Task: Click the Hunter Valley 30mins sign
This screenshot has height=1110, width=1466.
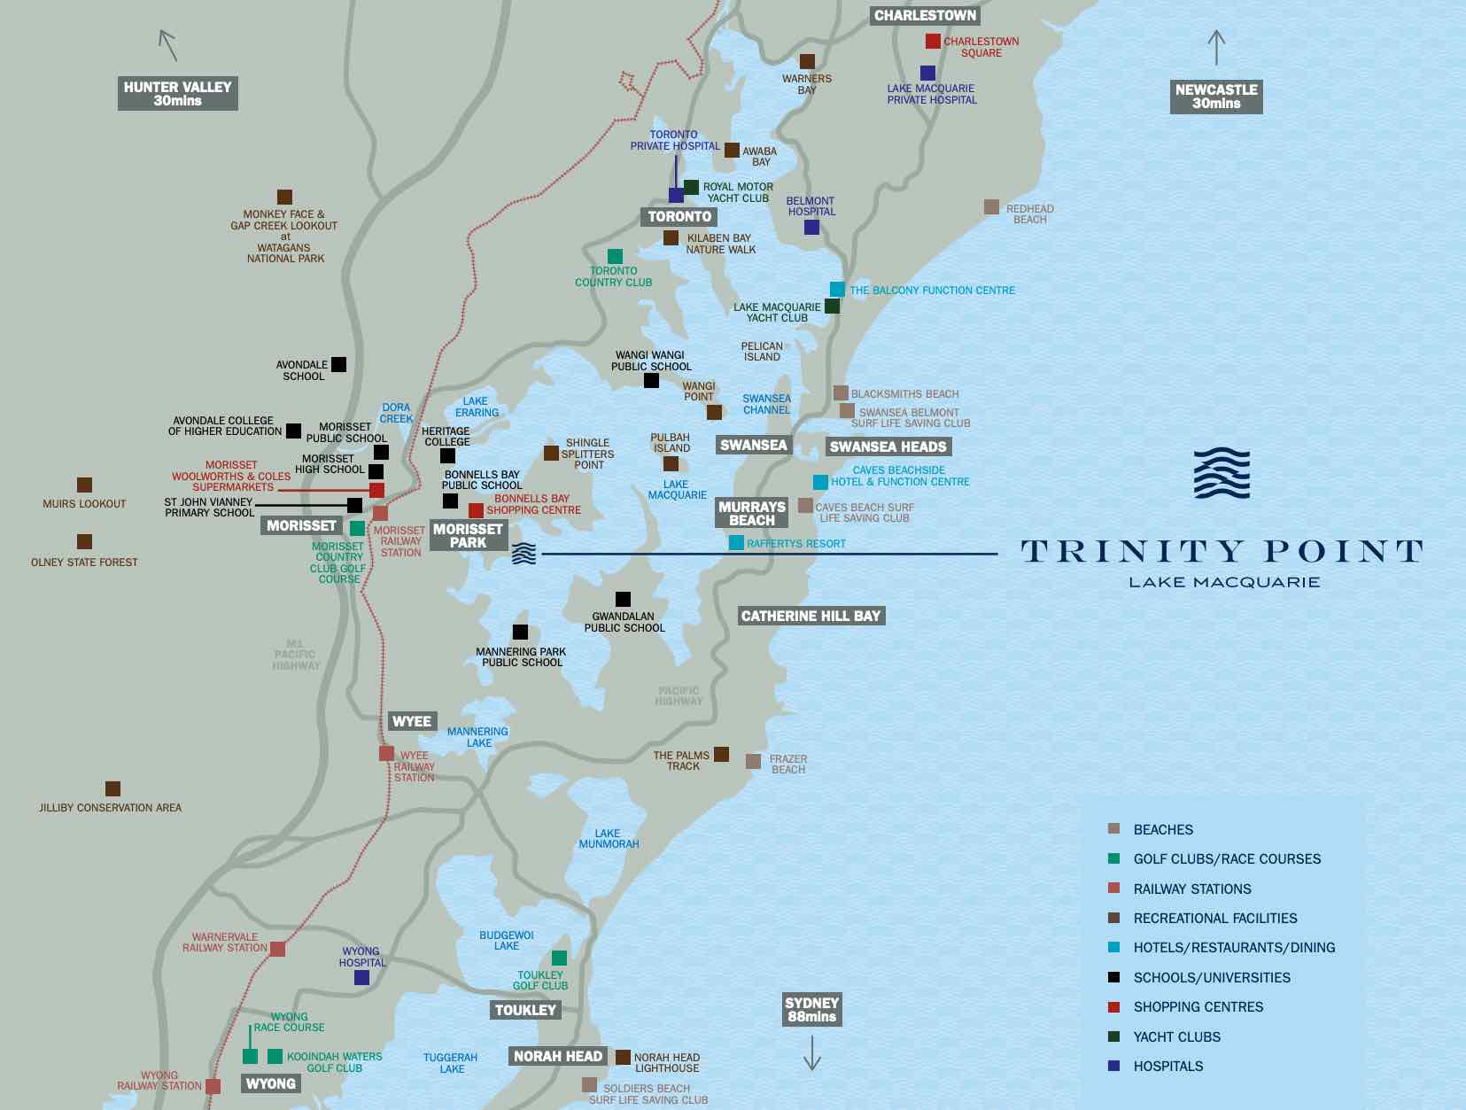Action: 177,94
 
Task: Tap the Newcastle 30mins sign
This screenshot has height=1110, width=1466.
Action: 1215,97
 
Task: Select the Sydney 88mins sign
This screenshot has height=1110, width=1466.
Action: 811,1010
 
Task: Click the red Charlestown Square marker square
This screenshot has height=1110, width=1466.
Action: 933,41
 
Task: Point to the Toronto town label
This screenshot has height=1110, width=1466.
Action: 679,217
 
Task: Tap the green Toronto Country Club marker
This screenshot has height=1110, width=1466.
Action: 615,257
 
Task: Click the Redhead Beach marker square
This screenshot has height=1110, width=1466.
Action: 991,207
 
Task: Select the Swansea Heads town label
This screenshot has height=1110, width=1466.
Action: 888,447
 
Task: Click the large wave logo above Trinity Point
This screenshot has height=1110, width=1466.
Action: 1222,474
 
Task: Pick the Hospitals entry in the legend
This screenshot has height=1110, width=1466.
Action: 1167,1067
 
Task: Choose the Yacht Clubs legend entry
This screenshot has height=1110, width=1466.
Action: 1176,1037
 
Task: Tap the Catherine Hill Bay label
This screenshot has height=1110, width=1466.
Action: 811,617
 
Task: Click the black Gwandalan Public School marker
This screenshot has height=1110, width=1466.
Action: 623,600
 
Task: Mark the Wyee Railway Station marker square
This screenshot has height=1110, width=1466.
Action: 386,754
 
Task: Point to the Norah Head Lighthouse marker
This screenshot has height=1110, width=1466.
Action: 623,1058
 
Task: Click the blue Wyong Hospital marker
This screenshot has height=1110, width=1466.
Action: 361,978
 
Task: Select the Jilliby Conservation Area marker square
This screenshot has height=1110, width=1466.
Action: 112,789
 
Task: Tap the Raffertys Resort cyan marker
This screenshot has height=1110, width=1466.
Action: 736,543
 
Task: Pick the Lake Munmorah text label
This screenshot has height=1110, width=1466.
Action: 609,839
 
